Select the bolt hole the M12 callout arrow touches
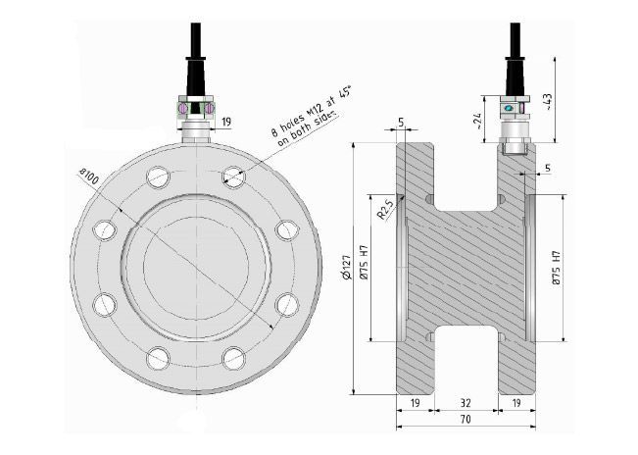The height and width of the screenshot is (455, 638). [233, 177]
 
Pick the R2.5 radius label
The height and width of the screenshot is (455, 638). [385, 210]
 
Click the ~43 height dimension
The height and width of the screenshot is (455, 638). [574, 100]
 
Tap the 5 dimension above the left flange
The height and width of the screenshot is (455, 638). [401, 123]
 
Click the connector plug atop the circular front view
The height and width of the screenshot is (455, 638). [196, 108]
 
